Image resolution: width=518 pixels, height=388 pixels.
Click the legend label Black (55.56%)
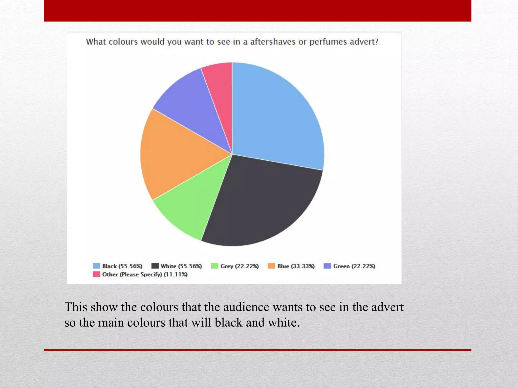[x=122, y=266]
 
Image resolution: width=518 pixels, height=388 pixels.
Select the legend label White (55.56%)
[x=181, y=266]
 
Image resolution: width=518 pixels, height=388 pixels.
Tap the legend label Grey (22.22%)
[x=240, y=266]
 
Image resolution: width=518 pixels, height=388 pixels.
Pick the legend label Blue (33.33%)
[x=296, y=266]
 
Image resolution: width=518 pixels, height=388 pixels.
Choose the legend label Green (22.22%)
[x=354, y=266]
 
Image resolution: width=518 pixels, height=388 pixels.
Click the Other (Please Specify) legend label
[x=145, y=274]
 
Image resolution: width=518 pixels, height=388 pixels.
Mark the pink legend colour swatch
[x=96, y=274]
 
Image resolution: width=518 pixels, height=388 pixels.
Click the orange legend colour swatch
[x=271, y=266]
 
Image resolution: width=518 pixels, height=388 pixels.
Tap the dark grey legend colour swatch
[x=155, y=266]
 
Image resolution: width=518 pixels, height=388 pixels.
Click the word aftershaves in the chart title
[x=273, y=42]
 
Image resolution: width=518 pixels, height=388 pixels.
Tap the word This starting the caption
[x=76, y=307]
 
